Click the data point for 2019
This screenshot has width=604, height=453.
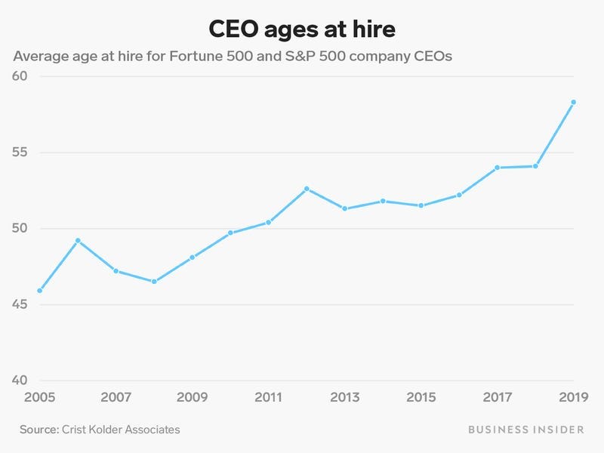pyautogui.click(x=573, y=102)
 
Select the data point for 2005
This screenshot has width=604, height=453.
pyautogui.click(x=39, y=291)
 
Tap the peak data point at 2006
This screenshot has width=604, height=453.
pyautogui.click(x=78, y=241)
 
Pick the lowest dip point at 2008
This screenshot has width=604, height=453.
pyautogui.click(x=154, y=282)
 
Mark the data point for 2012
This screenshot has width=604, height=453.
pyautogui.click(x=307, y=189)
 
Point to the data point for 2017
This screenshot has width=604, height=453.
pyautogui.click(x=497, y=168)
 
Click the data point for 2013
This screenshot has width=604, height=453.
pyautogui.click(x=344, y=208)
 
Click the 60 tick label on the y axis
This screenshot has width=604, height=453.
pyautogui.click(x=20, y=76)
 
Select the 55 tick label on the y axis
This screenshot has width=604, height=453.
pyautogui.click(x=20, y=153)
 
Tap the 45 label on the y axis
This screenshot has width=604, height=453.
pyautogui.click(x=20, y=305)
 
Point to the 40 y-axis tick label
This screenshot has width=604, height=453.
pyautogui.click(x=20, y=381)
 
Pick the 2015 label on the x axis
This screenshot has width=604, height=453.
pyautogui.click(x=421, y=397)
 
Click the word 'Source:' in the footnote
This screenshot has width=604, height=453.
pyautogui.click(x=40, y=429)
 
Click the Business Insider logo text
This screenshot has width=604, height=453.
pyautogui.click(x=525, y=429)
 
